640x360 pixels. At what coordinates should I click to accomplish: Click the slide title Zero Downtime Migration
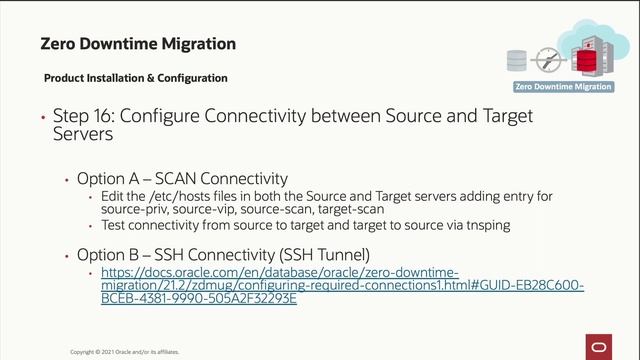pos(138,44)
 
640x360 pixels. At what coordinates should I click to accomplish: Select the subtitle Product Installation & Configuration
pos(136,78)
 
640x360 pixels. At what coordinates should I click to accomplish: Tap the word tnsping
pos(486,226)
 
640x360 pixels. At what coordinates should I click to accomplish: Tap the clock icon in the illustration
pos(546,57)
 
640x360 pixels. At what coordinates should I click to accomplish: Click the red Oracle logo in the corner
pos(602,345)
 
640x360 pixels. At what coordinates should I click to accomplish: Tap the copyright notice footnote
pos(130,352)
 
